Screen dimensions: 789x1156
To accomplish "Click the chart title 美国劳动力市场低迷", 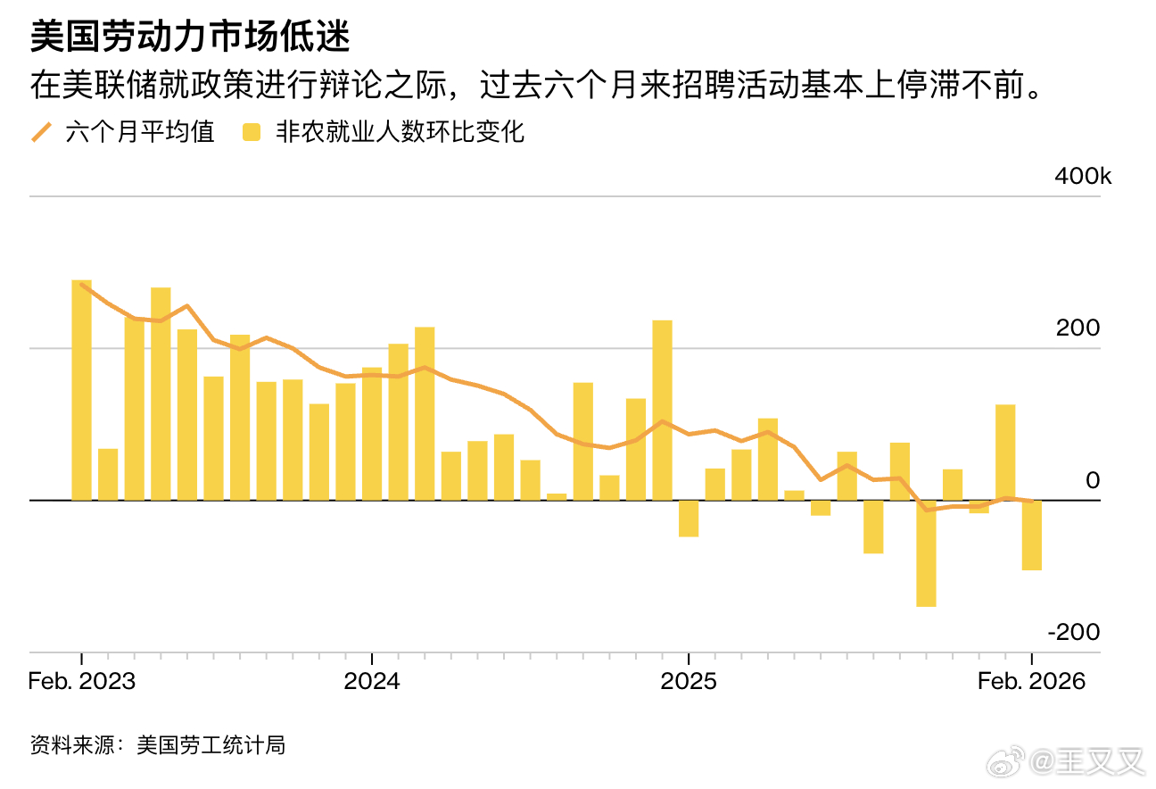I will pos(189,38).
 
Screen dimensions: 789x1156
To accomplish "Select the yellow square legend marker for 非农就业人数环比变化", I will pos(252,133).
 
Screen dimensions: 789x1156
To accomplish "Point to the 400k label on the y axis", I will pos(1083,177).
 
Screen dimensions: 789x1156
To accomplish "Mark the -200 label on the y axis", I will pos(1074,633).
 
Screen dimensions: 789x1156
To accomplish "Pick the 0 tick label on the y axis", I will pos(1093,481).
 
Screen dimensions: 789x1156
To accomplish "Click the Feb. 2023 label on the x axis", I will pos(82,681).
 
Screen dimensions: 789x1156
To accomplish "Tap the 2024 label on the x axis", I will pos(372,681).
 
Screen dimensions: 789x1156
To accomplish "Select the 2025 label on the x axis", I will pos(688,681).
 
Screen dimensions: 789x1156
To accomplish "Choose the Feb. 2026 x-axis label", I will pos(1031,681).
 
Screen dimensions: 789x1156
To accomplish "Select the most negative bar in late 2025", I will pos(926,553).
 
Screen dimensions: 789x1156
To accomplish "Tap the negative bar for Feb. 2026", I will pos(1031,536).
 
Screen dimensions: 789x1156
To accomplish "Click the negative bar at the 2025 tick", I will pos(688,519).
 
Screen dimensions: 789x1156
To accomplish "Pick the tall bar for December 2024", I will pos(662,411).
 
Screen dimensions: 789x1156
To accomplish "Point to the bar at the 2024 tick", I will pos(372,434).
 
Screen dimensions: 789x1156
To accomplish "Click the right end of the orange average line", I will pos(1031,501).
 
